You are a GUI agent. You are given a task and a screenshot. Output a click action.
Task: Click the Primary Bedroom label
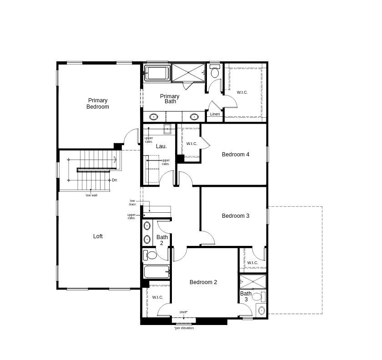[x=98, y=104]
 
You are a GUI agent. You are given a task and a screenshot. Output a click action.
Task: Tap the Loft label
[x=98, y=236]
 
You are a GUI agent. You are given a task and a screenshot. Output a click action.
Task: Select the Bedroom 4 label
[x=236, y=155]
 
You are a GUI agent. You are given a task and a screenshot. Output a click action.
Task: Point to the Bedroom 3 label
[x=236, y=216]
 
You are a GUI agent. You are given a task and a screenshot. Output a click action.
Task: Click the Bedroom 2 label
[x=203, y=282]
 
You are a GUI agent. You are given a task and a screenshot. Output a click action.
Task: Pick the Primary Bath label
[x=170, y=99]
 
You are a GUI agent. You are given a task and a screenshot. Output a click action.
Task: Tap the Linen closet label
[x=215, y=114]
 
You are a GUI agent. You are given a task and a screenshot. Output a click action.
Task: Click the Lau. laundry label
[x=161, y=146]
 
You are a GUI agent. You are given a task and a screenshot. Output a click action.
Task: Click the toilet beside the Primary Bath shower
[x=215, y=72]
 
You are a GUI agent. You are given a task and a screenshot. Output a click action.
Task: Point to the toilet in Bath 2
[x=151, y=255]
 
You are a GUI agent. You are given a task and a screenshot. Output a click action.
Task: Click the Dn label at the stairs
[x=114, y=180]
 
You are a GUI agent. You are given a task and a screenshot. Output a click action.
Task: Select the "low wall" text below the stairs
[x=91, y=195]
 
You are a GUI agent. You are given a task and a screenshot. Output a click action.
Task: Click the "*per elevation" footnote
[x=184, y=328]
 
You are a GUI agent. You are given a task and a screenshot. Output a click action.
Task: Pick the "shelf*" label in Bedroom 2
[x=183, y=312]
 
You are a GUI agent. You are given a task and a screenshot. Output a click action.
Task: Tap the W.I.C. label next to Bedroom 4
[x=192, y=144]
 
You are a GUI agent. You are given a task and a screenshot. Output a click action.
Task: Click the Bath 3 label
[x=246, y=296]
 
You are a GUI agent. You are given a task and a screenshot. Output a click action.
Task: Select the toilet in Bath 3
[x=257, y=297]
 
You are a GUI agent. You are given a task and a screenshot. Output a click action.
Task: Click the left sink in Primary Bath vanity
[x=154, y=117]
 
